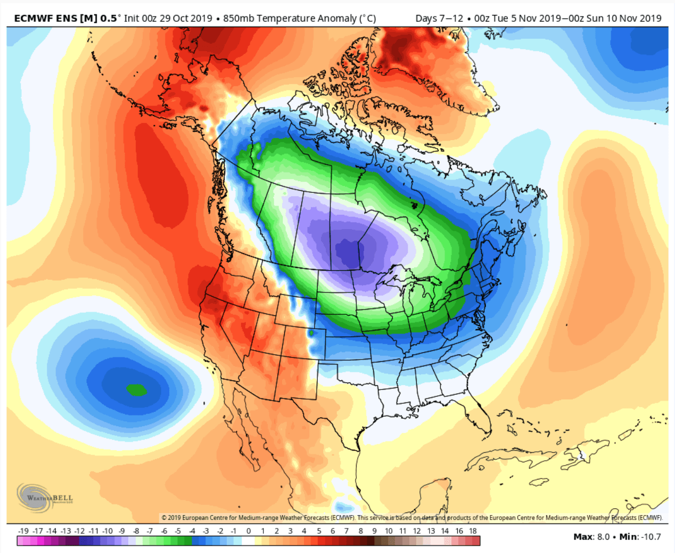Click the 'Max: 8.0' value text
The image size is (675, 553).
[x=591, y=536]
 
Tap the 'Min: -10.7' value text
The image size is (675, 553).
[x=640, y=536]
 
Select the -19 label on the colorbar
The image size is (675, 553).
[x=23, y=531]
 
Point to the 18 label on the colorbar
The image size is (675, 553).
[x=473, y=531]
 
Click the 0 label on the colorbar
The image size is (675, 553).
[x=248, y=531]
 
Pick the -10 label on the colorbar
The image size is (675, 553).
[x=108, y=531]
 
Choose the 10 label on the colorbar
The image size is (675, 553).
[x=389, y=531]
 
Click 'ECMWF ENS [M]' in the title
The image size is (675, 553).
[x=55, y=18]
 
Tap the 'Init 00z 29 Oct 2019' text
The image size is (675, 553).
[x=168, y=18]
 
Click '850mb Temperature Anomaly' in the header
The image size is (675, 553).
[x=290, y=18]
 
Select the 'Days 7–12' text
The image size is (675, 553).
[x=439, y=18]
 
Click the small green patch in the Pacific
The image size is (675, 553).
[x=136, y=390]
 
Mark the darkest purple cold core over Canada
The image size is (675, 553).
[x=349, y=253]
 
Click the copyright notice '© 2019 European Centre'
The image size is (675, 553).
[x=213, y=517]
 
